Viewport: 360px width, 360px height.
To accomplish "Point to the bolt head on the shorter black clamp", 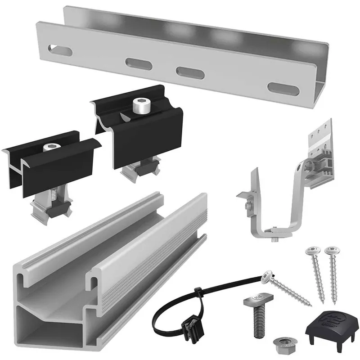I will click(x=51, y=148).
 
